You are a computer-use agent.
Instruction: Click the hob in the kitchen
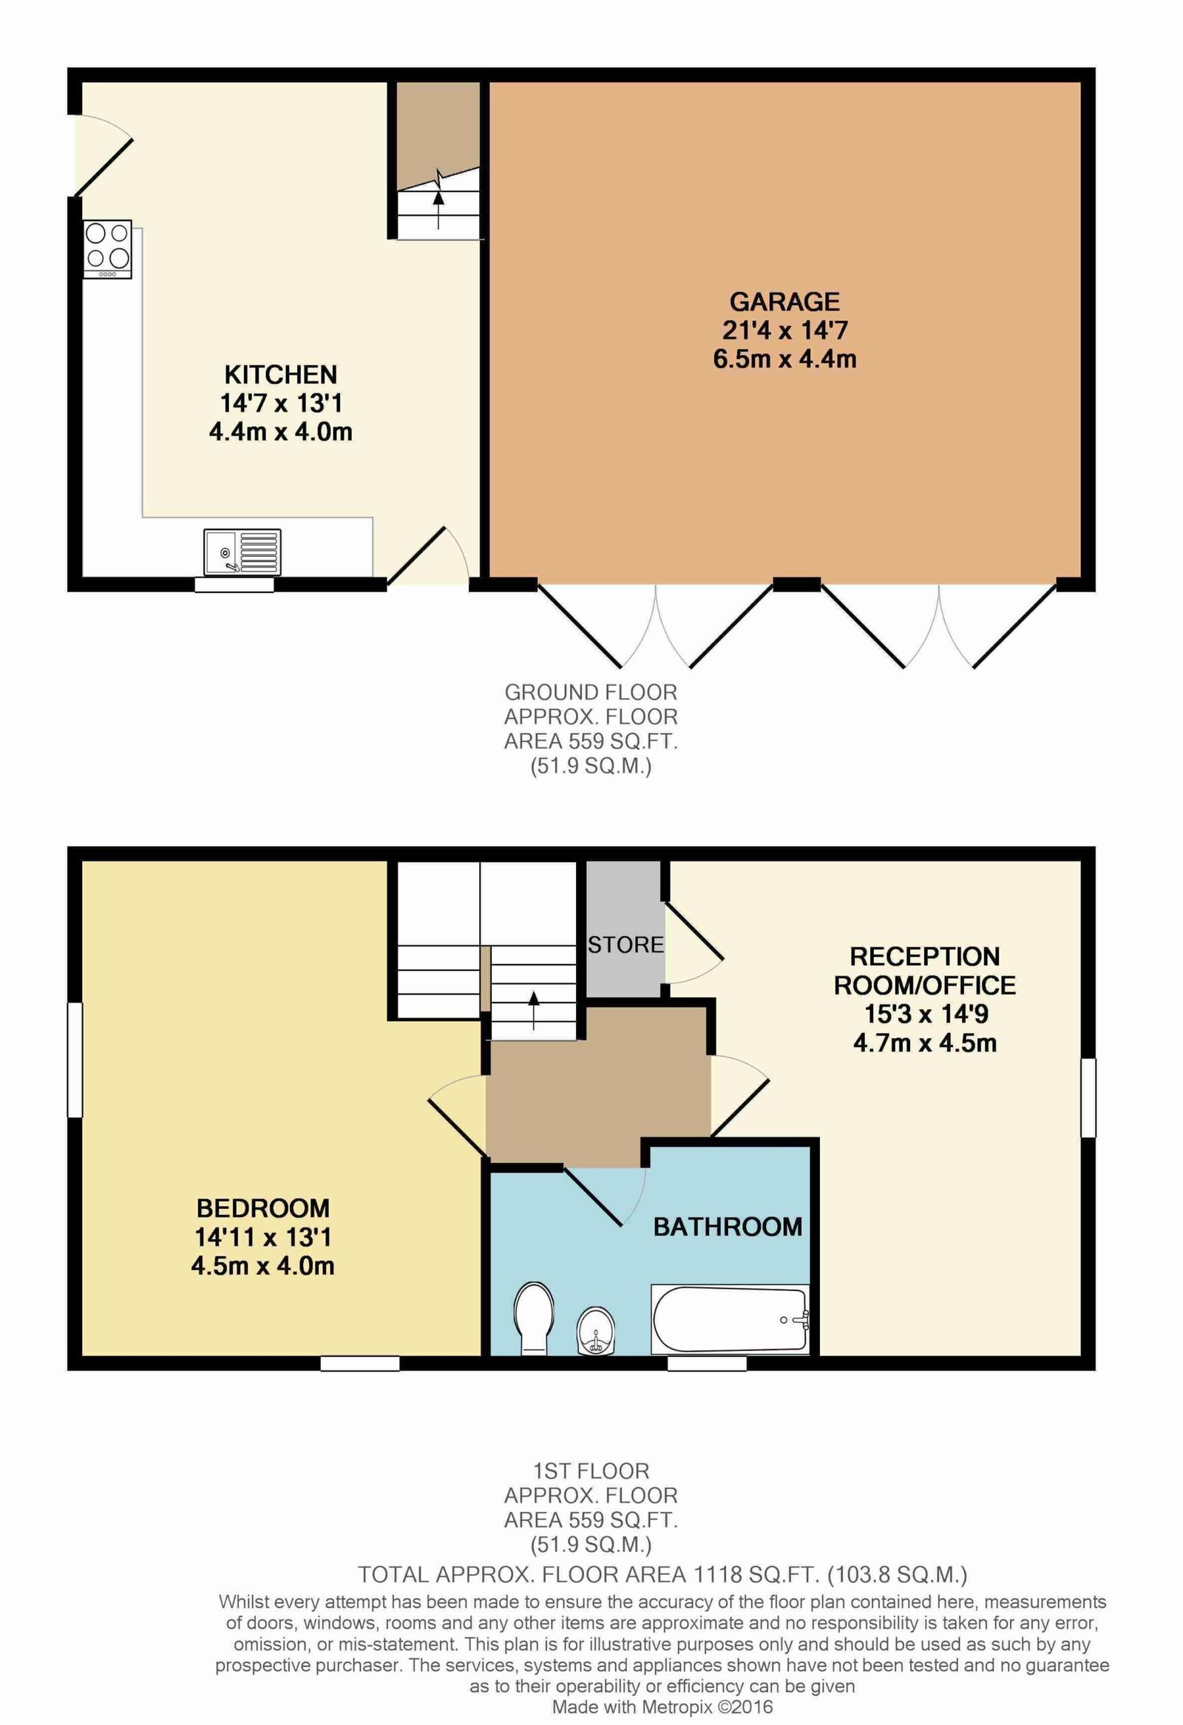108,248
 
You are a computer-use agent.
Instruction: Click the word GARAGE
784,302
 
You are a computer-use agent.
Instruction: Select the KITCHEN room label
280,374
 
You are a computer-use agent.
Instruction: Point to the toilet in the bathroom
535,1317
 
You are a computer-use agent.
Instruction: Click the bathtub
731,1320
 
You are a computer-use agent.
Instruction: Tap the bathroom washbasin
595,1332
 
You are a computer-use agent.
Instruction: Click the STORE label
626,945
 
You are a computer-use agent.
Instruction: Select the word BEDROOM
262,1208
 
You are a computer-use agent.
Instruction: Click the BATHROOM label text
728,1227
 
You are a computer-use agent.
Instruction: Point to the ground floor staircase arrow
438,209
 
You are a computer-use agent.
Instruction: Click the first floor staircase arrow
534,1009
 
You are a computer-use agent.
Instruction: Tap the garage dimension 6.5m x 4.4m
784,359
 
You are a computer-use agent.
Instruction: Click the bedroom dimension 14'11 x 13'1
262,1237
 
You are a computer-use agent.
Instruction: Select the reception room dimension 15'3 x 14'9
926,1013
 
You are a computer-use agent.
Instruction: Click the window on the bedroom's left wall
75,1060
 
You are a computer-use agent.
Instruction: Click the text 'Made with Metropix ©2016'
662,1707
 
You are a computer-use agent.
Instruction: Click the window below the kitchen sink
234,585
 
